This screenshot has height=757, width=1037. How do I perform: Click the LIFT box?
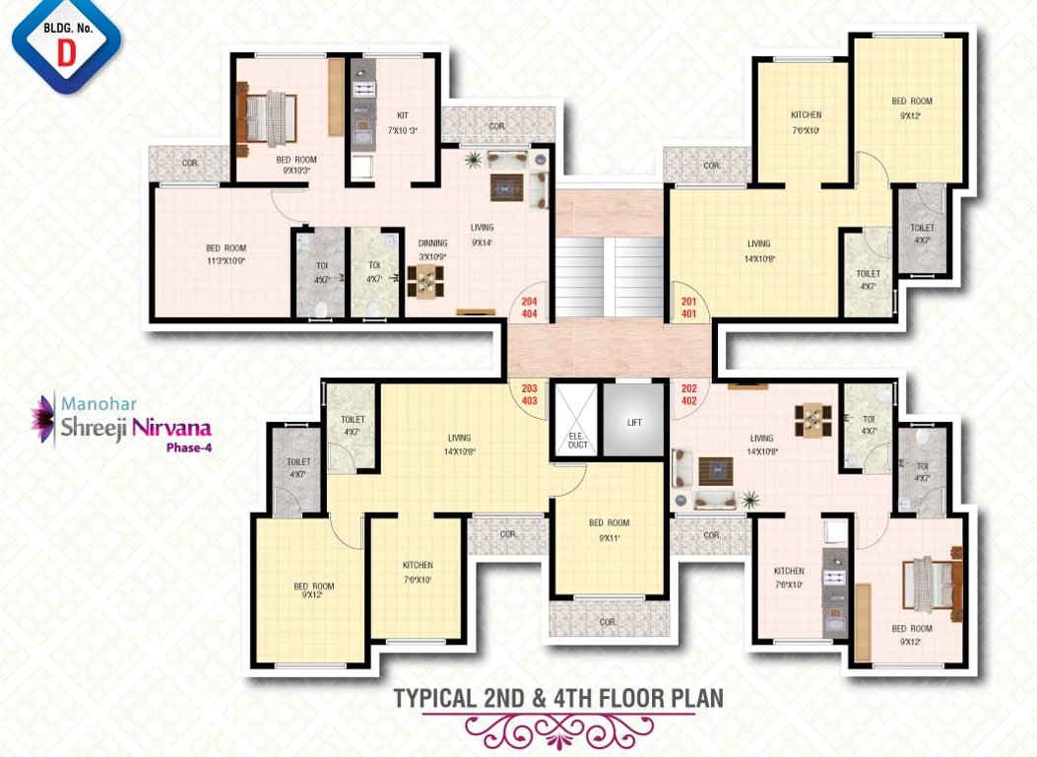(633, 422)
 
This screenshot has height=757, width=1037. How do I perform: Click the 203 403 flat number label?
(529, 394)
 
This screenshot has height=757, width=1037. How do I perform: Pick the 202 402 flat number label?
(688, 394)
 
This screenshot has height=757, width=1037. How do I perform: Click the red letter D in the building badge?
(66, 53)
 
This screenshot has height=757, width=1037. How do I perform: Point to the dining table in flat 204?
(424, 283)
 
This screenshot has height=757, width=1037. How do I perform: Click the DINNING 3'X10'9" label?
(432, 249)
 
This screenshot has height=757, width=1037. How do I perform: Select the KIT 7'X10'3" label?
(403, 122)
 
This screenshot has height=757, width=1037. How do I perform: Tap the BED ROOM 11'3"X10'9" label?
(226, 254)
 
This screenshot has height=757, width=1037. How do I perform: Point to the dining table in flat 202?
(811, 418)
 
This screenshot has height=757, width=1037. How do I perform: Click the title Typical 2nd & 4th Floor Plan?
(558, 698)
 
